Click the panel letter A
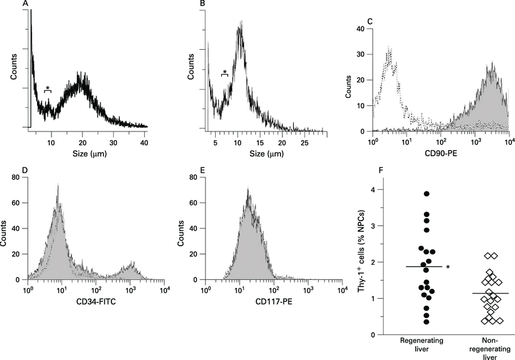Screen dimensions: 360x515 (25, 5)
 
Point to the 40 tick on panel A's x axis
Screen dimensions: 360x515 (144, 143)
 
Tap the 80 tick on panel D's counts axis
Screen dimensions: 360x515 (18, 178)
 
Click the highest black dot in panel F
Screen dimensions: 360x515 (427, 194)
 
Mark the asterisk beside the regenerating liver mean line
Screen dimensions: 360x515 (448, 267)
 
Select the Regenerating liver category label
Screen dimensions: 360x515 (422, 345)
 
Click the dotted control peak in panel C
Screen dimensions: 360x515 (389, 52)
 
